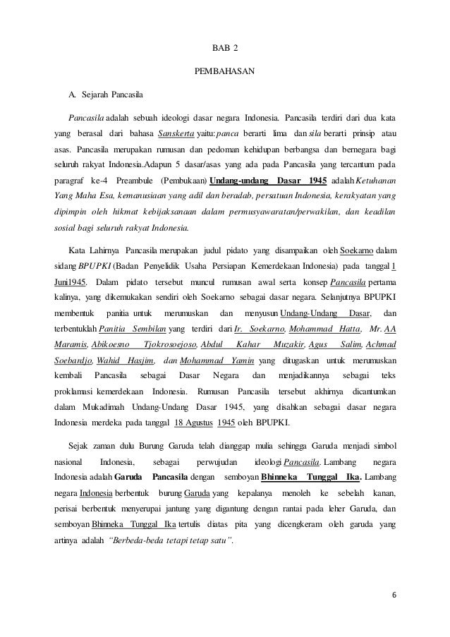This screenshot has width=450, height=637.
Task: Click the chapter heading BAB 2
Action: click(x=225, y=48)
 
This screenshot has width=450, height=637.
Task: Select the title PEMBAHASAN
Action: click(x=225, y=71)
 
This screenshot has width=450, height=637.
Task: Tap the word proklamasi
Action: click(x=77, y=391)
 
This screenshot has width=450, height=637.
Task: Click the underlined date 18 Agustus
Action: click(x=192, y=423)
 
